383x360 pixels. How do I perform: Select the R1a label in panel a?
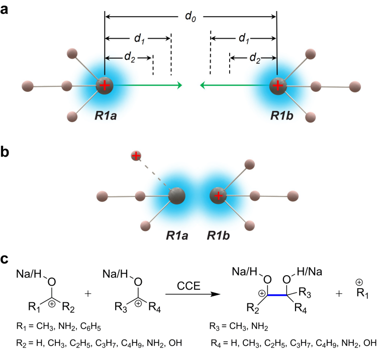pyautogui.click(x=107, y=115)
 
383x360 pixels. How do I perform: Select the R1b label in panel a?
pyautogui.click(x=280, y=115)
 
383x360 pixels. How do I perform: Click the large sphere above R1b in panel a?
pyautogui.click(x=277, y=85)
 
